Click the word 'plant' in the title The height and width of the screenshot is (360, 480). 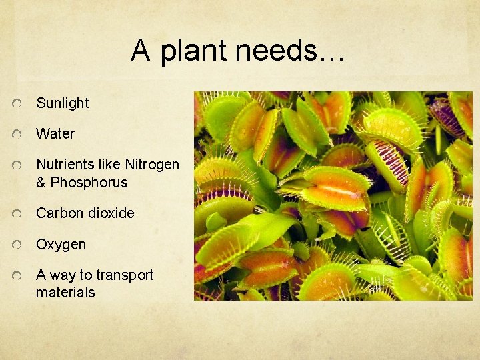click(194, 51)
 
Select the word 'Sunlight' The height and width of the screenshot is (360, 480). click(62, 103)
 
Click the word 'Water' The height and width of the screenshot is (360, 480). click(55, 134)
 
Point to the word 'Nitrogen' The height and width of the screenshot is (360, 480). click(152, 165)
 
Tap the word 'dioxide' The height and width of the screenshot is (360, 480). click(111, 213)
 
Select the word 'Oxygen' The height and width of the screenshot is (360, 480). click(61, 245)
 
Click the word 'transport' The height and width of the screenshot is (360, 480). click(125, 275)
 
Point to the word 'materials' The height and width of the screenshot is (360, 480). click(65, 293)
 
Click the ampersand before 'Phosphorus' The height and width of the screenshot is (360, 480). click(41, 183)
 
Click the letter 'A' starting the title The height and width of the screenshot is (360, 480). click(140, 51)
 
